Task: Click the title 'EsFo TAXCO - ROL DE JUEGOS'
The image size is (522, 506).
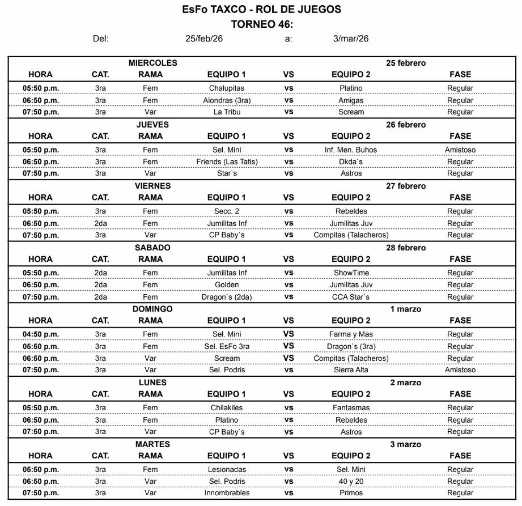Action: click(x=261, y=10)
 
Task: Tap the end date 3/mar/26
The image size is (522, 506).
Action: click(x=351, y=39)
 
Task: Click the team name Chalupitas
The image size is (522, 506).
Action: click(x=226, y=88)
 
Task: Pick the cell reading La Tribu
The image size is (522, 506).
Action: click(x=226, y=112)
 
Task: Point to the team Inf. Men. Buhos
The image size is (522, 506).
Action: click(x=351, y=150)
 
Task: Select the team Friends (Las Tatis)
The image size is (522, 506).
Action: click(x=226, y=162)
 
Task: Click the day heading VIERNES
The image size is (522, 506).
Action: click(x=152, y=186)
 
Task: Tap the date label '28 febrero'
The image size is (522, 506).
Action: click(x=406, y=248)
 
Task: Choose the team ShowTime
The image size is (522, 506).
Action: click(x=351, y=273)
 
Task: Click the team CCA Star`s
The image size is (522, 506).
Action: click(x=351, y=297)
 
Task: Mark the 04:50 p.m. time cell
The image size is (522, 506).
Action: click(x=41, y=334)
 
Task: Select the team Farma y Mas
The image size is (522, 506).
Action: click(x=351, y=334)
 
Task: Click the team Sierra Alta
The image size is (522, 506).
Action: click(x=351, y=370)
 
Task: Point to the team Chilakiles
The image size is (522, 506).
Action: click(x=226, y=408)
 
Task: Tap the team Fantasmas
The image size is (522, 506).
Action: click(x=351, y=408)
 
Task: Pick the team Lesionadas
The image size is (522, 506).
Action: click(x=226, y=470)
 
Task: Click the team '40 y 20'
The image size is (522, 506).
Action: click(x=351, y=482)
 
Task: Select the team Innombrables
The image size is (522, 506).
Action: click(x=226, y=493)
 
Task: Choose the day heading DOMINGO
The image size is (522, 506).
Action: click(x=152, y=309)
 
